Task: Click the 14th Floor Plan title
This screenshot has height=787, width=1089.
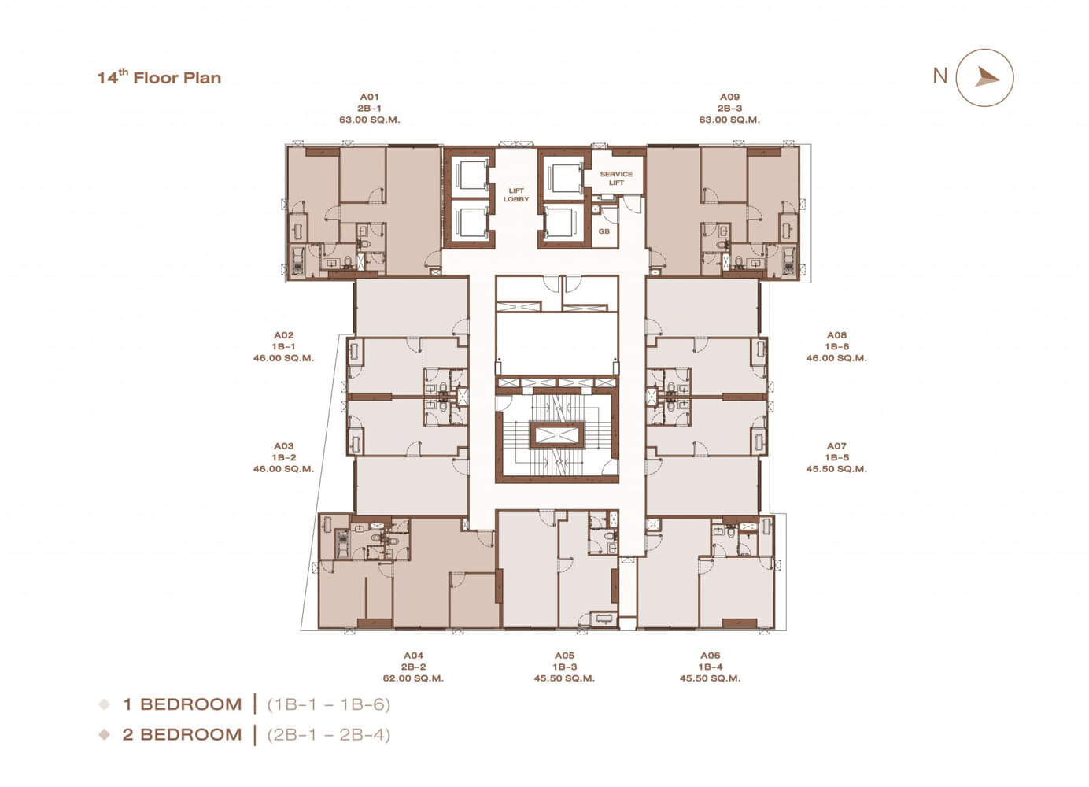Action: pos(159,77)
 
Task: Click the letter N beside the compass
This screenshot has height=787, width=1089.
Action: pos(940,76)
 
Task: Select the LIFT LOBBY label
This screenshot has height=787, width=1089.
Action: pos(516,195)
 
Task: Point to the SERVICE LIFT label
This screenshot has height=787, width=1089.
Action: pos(616,179)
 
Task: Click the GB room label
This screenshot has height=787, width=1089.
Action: pos(604,231)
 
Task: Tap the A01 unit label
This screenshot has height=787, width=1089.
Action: pos(370,98)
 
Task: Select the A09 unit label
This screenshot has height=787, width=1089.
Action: pos(729,98)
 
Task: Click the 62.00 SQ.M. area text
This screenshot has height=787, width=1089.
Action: pos(413,678)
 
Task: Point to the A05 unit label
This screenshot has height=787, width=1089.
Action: pos(564,656)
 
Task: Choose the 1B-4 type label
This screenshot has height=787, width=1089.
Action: pos(711,667)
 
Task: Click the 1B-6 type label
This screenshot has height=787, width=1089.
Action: pos(836,347)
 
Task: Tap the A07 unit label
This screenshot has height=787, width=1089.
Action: pos(836,446)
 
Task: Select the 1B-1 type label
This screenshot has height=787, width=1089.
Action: pos(284,347)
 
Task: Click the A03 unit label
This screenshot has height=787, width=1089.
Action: pos(284,446)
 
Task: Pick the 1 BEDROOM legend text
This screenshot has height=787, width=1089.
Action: pos(183,704)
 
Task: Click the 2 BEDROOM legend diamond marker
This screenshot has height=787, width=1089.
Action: pos(105,734)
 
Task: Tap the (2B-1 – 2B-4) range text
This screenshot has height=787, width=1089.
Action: pos(329,734)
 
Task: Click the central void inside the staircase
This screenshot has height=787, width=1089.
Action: pos(557,434)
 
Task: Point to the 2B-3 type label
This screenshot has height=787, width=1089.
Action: pos(729,109)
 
